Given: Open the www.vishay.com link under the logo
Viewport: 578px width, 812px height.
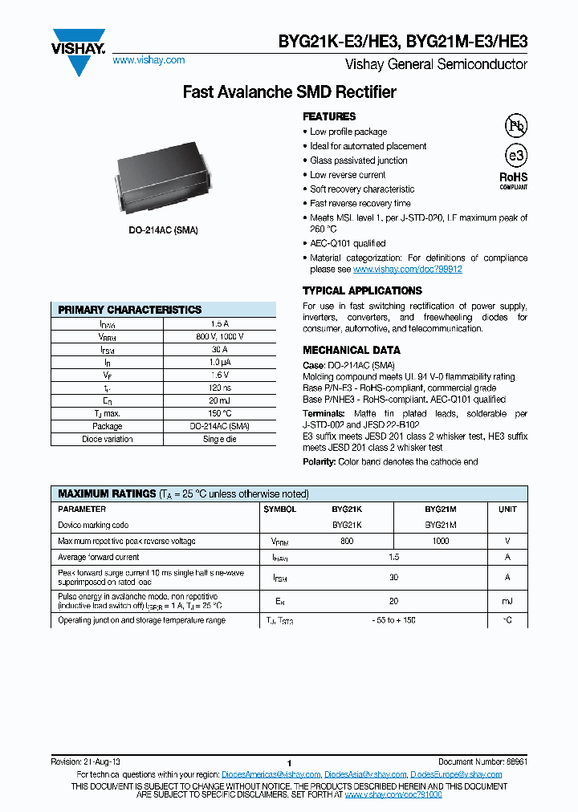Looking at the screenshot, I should [149, 60].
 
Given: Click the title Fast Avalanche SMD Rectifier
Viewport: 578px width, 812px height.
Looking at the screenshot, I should [289, 92].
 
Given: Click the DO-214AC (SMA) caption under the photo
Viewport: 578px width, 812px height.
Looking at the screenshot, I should [164, 230].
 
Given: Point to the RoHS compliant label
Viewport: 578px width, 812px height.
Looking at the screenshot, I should [514, 180].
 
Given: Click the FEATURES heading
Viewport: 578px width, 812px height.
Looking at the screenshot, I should [329, 116].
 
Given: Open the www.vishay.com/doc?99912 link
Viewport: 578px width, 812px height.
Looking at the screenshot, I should [408, 270].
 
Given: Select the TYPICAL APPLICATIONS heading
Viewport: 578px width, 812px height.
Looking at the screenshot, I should [362, 290].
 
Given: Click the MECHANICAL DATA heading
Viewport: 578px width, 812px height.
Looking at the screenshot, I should [351, 350].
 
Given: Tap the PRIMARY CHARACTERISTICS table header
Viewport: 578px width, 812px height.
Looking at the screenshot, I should [130, 310].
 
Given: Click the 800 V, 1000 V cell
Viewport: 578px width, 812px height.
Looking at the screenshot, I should [219, 337].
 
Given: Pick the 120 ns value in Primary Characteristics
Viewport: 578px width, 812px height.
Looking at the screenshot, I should [219, 388].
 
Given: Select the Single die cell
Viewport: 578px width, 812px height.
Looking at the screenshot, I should [219, 440].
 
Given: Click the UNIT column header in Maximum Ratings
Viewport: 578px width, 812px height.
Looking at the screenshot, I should [507, 510].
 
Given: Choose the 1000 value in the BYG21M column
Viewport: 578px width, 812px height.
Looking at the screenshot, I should [440, 542].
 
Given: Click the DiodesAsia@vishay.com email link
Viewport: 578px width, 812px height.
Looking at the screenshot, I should [364, 774].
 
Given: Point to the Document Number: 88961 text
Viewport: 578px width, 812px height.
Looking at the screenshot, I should [482, 761].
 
